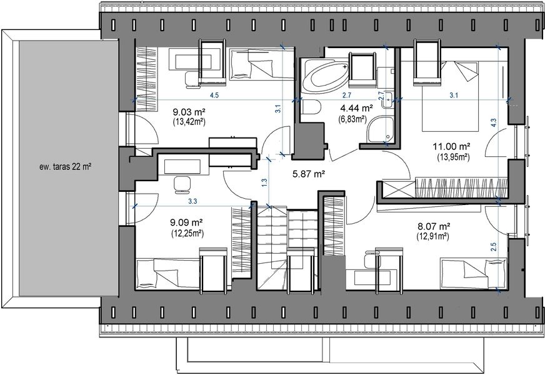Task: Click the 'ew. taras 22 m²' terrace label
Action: point(66,167)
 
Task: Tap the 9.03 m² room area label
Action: point(189,112)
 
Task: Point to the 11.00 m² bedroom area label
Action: point(451,147)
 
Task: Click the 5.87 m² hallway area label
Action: point(309,174)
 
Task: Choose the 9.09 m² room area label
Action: point(187,222)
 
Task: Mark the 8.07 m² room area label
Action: point(434,227)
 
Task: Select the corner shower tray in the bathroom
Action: point(381,130)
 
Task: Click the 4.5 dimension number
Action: point(214,96)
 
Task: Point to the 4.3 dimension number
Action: point(494,123)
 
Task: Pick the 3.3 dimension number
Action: point(193,201)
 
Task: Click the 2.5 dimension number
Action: point(494,247)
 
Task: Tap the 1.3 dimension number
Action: point(264,182)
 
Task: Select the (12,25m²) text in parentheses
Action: point(187,233)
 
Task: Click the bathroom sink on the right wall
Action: point(388,99)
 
